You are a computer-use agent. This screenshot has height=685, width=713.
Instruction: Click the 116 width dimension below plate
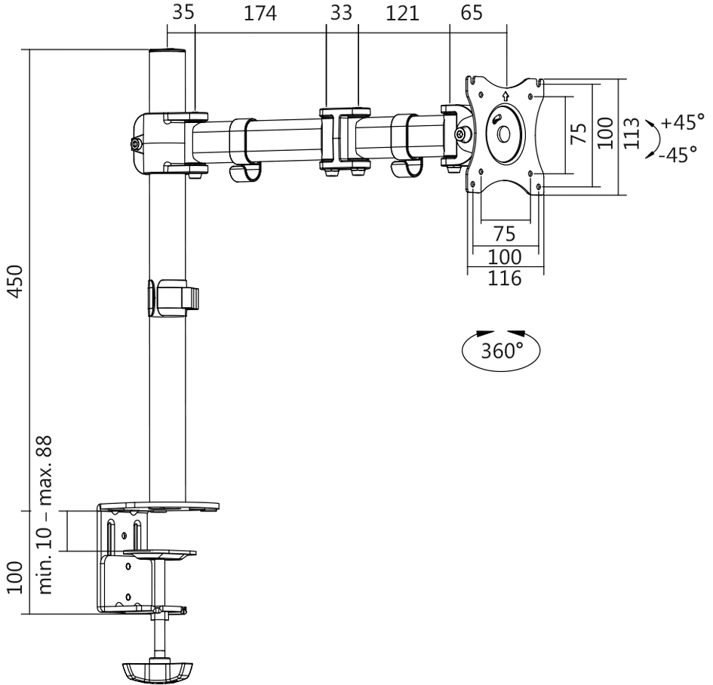(504, 278)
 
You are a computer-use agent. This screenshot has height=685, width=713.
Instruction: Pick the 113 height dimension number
(633, 133)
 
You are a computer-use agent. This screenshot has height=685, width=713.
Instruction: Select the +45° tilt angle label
(682, 121)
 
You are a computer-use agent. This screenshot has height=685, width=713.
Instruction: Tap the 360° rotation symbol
(503, 351)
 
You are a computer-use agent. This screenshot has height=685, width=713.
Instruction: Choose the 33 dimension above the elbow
(342, 14)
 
